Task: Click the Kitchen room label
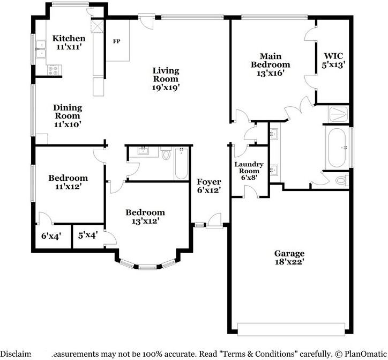[x=69, y=38]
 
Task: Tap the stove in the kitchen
[x=54, y=69]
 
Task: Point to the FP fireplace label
[x=116, y=41]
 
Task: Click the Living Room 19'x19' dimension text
[x=166, y=87]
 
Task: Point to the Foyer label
[x=209, y=181]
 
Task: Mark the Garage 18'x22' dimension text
[x=289, y=262]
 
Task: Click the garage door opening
[x=292, y=329]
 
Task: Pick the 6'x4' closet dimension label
[x=51, y=235]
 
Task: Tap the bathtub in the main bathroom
[x=337, y=146]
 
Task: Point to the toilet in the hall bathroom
[x=166, y=155]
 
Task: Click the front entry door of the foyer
[x=215, y=220]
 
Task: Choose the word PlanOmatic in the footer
[x=362, y=354]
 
